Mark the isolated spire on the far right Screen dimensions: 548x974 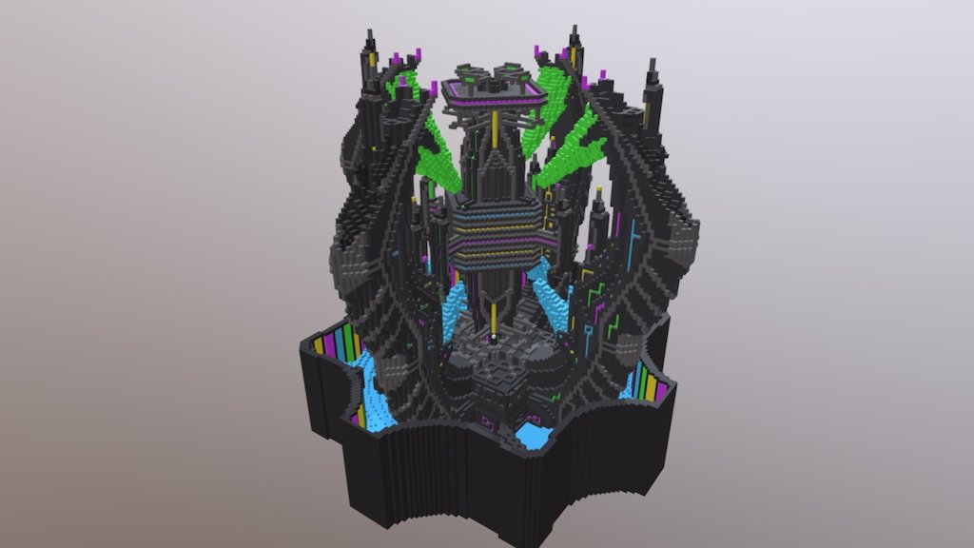tap(653, 86)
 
